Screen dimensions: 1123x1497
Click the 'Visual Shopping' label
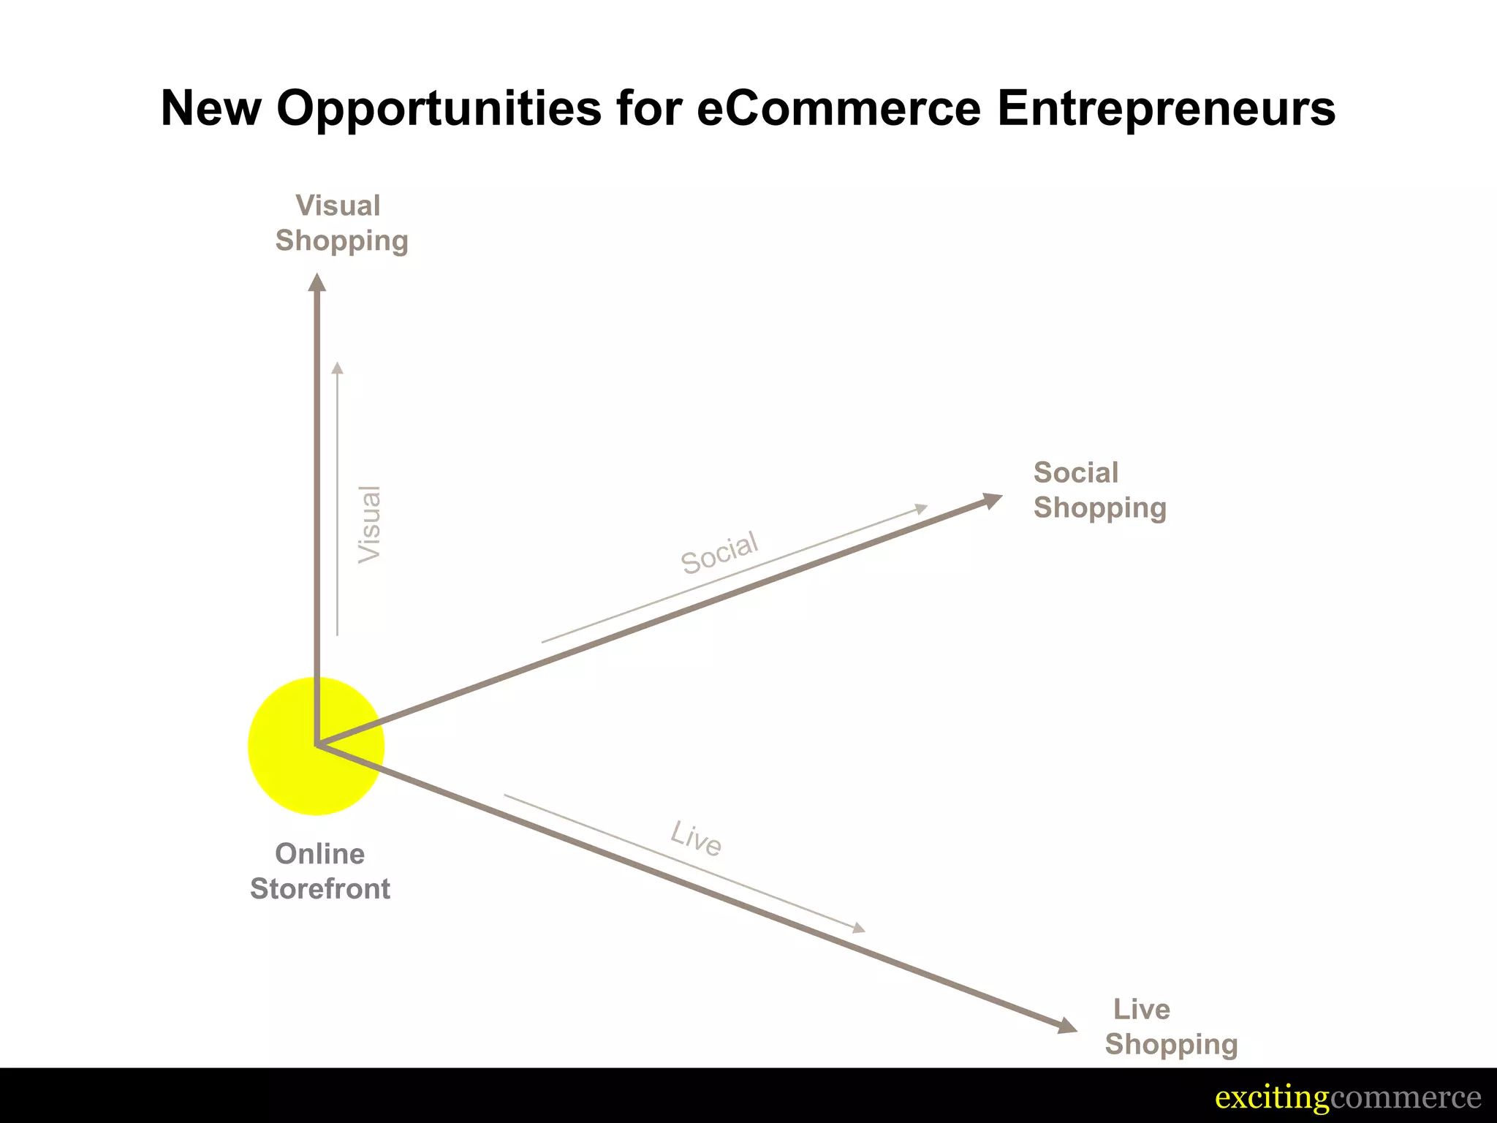pos(341,223)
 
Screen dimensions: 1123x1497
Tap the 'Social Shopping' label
pos(1099,490)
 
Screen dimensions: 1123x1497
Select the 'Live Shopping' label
pos(1170,1026)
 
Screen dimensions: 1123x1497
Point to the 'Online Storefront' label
pos(320,871)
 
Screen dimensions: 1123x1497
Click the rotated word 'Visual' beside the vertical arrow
pos(370,523)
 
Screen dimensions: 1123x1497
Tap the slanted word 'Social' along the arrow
pos(719,553)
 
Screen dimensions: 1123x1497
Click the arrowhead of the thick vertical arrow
pos(317,283)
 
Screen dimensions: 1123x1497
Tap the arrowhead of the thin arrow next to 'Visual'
pos(337,368)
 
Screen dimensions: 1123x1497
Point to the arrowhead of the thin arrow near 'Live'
pos(859,929)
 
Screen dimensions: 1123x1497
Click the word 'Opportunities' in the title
pos(439,108)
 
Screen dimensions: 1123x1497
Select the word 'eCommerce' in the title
pos(838,108)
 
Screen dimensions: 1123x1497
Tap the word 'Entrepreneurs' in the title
pos(1166,108)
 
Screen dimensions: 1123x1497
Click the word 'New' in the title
pos(211,108)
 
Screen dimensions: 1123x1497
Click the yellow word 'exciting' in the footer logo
pos(1271,1098)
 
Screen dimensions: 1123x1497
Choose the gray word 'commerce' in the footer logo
pos(1405,1098)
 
